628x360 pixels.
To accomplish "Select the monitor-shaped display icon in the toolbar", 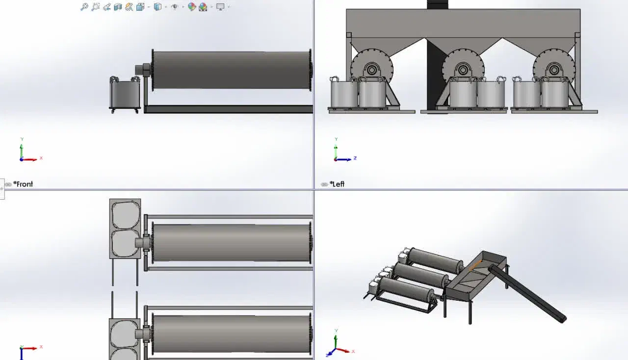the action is point(220,7).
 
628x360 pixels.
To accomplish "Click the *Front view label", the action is point(23,184).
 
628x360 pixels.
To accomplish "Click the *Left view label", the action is point(337,184).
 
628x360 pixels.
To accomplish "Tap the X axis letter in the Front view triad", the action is point(41,158).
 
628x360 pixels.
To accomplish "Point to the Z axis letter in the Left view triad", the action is point(355,158).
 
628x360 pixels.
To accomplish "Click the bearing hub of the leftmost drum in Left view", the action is point(372,70).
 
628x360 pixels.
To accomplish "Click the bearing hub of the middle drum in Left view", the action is point(463,70).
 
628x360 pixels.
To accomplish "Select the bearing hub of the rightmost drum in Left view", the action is point(554,70).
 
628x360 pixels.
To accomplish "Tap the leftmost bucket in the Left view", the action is point(344,94).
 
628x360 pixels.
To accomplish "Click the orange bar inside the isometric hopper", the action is point(475,265).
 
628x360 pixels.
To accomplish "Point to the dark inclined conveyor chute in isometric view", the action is point(527,294).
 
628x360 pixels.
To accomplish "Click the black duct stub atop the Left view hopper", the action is point(437,4).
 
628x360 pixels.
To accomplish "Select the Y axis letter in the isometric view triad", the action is point(336,331).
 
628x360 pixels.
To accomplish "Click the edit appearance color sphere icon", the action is point(192,7).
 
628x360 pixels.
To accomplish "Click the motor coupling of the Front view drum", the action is point(143,70).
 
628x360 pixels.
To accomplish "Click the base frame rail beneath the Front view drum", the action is point(229,109).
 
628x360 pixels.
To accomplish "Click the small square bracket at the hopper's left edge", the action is point(349,35).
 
